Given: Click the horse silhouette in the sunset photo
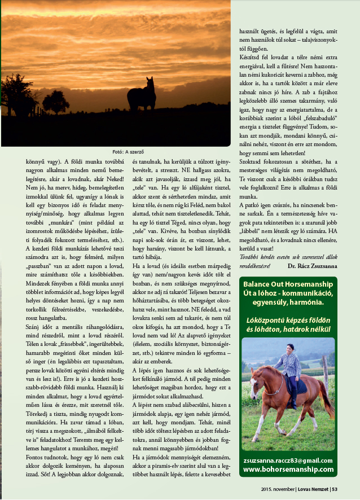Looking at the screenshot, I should point(142,94).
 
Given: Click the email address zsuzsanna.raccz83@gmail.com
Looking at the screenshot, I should point(288,460).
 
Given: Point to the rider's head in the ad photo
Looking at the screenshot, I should point(291,348).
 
